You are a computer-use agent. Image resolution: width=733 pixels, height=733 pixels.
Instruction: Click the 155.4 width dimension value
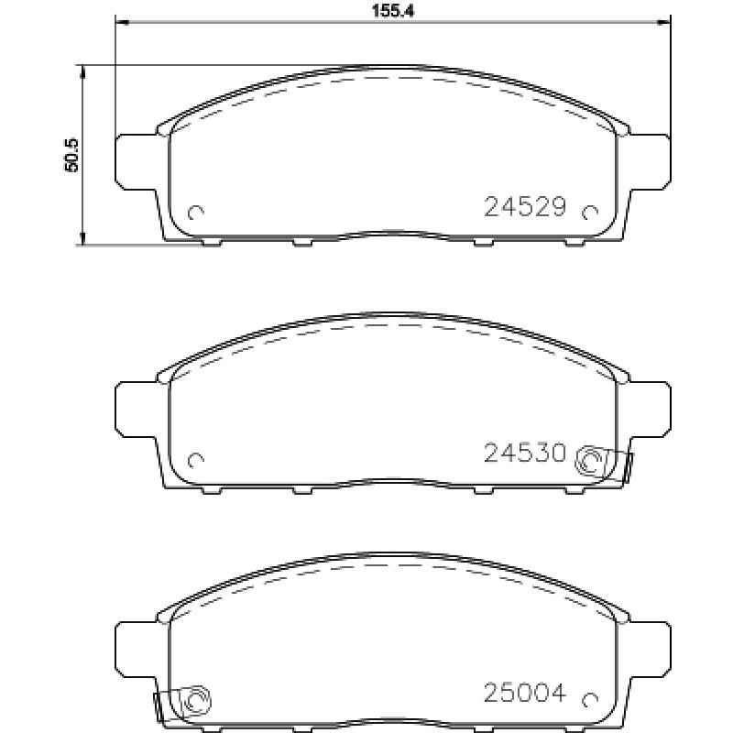pos(393,11)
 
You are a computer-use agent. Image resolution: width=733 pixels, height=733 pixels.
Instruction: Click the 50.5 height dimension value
pos(71,155)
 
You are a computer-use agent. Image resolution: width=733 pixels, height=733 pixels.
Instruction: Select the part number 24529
pos(525,207)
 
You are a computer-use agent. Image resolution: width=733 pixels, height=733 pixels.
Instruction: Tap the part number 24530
pos(525,453)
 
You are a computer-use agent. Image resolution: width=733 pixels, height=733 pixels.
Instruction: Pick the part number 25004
pos(525,693)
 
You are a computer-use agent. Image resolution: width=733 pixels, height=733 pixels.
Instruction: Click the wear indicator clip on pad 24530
pos(603,463)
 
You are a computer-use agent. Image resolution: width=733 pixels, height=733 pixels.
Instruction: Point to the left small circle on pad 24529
pos(195,213)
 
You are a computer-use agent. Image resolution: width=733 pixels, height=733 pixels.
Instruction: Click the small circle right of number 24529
pos(590,213)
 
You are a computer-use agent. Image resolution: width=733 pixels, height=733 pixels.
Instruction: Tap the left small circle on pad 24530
pos(195,461)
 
